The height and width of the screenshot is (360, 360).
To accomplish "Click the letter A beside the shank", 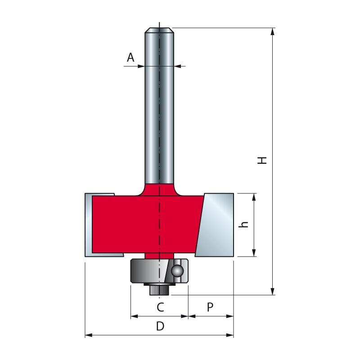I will tap(130, 57).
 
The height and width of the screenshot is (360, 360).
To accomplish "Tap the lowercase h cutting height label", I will tap(244, 224).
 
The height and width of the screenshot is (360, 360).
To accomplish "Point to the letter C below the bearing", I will tap(160, 307).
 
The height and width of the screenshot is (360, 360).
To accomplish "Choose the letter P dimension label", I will tap(210, 307).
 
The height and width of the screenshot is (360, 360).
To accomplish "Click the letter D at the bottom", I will tap(160, 327).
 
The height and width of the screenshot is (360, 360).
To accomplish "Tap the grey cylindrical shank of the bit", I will tap(159, 112).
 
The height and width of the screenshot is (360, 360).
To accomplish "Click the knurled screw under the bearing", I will tap(159, 290).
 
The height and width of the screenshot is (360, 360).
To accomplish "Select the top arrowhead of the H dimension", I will tap(272, 31).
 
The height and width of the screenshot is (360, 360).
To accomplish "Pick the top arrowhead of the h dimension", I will tap(254, 197).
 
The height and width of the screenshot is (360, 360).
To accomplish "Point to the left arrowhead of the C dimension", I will tap(134, 316).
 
